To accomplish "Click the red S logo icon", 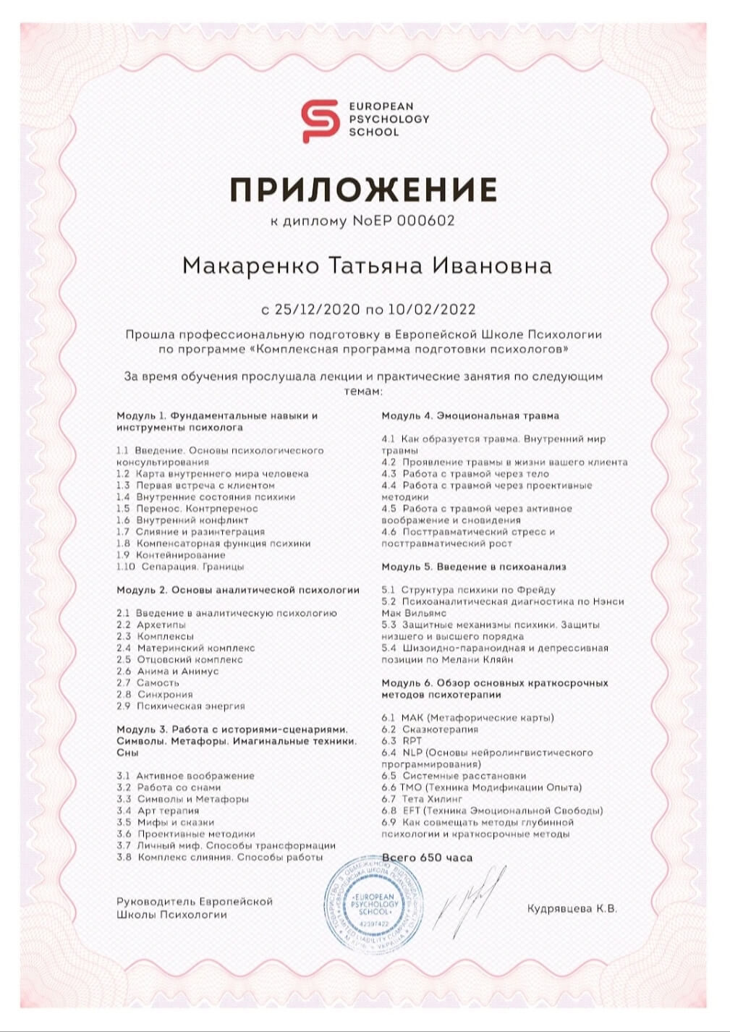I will click(x=320, y=120).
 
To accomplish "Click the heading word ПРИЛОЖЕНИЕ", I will click(x=364, y=190).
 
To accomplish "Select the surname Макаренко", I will click(x=250, y=266).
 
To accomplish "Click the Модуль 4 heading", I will click(x=470, y=415).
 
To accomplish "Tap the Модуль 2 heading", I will click(x=238, y=590).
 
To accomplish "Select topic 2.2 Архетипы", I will click(x=151, y=625).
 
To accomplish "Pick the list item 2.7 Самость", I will click(x=148, y=682).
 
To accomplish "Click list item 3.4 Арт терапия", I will click(x=158, y=811).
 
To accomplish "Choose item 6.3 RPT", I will click(x=402, y=741).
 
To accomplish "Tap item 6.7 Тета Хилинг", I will click(x=422, y=799).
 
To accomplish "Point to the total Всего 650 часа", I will click(x=427, y=858).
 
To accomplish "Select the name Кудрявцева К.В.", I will click(x=572, y=909).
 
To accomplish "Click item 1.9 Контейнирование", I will click(x=171, y=555).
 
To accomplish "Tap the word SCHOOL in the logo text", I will click(x=373, y=132).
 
